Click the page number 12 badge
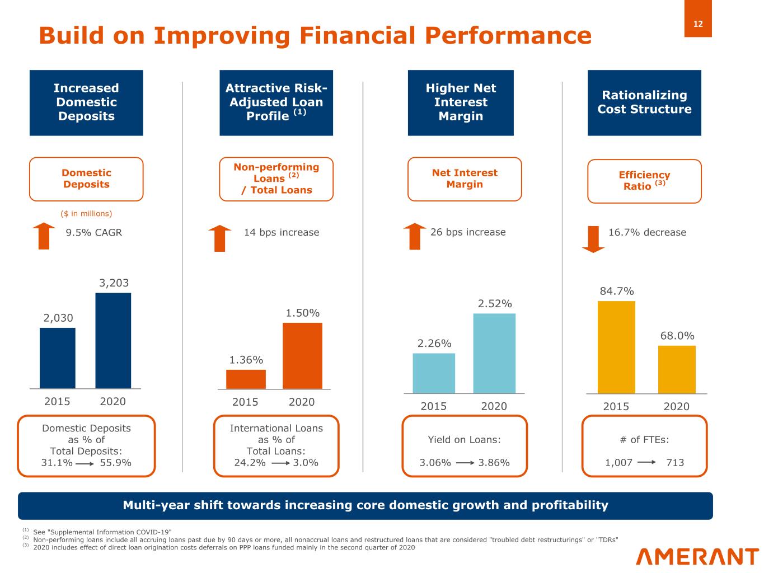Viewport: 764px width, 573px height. coord(697,24)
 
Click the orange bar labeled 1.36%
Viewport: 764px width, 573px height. coord(246,379)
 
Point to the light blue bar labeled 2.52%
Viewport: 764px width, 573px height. coord(494,353)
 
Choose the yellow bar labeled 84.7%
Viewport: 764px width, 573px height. coord(616,347)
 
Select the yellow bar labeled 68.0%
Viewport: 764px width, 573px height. coord(676,369)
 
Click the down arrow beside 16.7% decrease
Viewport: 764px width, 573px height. coord(593,239)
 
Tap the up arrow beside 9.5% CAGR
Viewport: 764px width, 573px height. coord(44,236)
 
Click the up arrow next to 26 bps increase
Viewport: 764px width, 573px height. coord(415,236)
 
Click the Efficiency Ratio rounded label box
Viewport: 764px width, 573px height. coord(644,181)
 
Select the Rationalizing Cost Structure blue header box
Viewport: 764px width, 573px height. coord(644,102)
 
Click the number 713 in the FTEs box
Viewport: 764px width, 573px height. coord(675,463)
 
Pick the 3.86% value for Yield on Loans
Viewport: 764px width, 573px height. coord(494,463)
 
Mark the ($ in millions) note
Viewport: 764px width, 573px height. coord(86,214)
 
